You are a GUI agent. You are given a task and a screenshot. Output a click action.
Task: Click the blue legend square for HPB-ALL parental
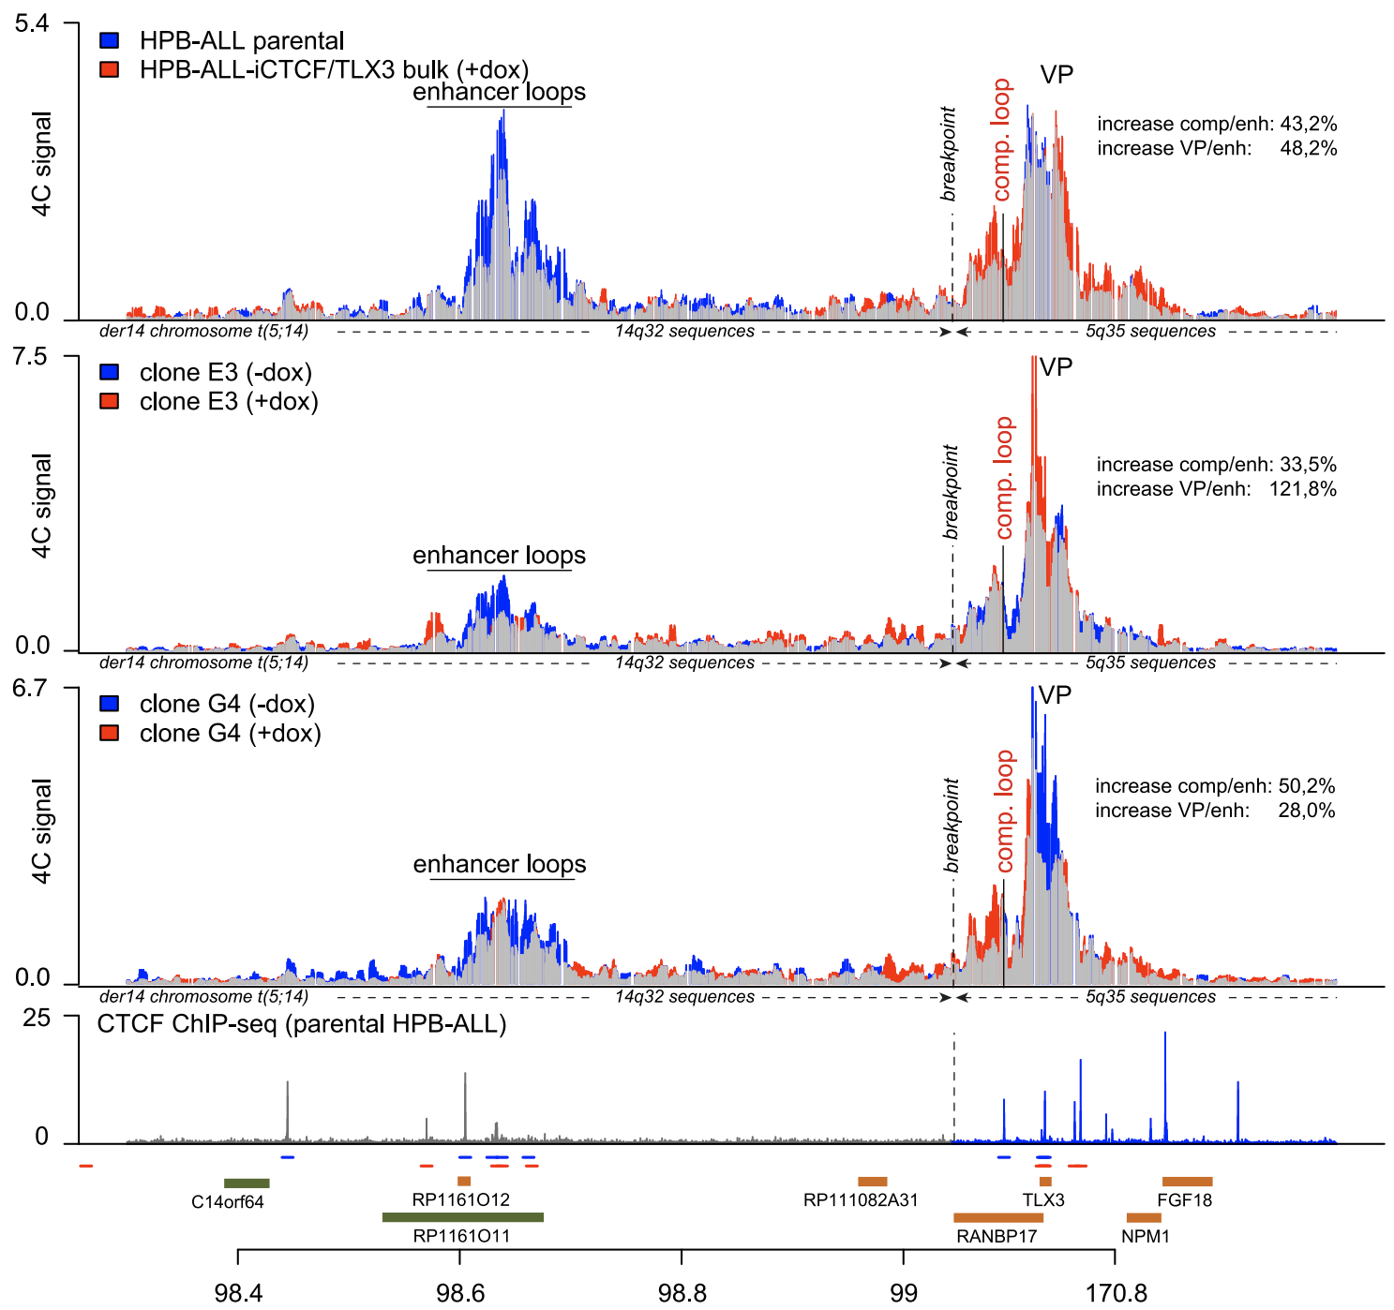110,40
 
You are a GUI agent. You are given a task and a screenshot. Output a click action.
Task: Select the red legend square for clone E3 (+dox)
110,401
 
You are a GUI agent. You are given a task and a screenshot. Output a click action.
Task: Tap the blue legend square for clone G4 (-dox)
110,704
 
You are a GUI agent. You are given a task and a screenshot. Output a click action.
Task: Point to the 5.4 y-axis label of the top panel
32,23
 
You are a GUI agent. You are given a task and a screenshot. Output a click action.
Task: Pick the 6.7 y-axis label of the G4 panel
29,689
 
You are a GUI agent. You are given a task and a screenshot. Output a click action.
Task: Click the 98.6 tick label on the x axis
460,1293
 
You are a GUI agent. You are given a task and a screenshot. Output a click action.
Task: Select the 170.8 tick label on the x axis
1117,1293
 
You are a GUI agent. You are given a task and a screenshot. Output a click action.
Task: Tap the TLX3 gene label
1043,1199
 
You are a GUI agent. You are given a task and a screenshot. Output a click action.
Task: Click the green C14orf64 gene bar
247,1183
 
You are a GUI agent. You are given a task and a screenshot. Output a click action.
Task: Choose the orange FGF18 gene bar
1187,1182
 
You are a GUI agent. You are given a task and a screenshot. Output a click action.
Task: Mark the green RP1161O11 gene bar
462,1217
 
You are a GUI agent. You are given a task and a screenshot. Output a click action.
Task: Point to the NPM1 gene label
1146,1236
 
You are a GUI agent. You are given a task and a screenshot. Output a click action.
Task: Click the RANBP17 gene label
997,1236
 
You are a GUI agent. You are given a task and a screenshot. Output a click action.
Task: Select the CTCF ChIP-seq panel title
302,1024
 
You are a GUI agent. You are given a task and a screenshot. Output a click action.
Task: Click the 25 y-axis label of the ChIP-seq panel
37,1018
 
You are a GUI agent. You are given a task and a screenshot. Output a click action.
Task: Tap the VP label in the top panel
1057,75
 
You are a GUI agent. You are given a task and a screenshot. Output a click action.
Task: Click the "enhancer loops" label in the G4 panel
500,864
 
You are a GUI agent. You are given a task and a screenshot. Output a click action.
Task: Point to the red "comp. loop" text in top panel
1002,140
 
